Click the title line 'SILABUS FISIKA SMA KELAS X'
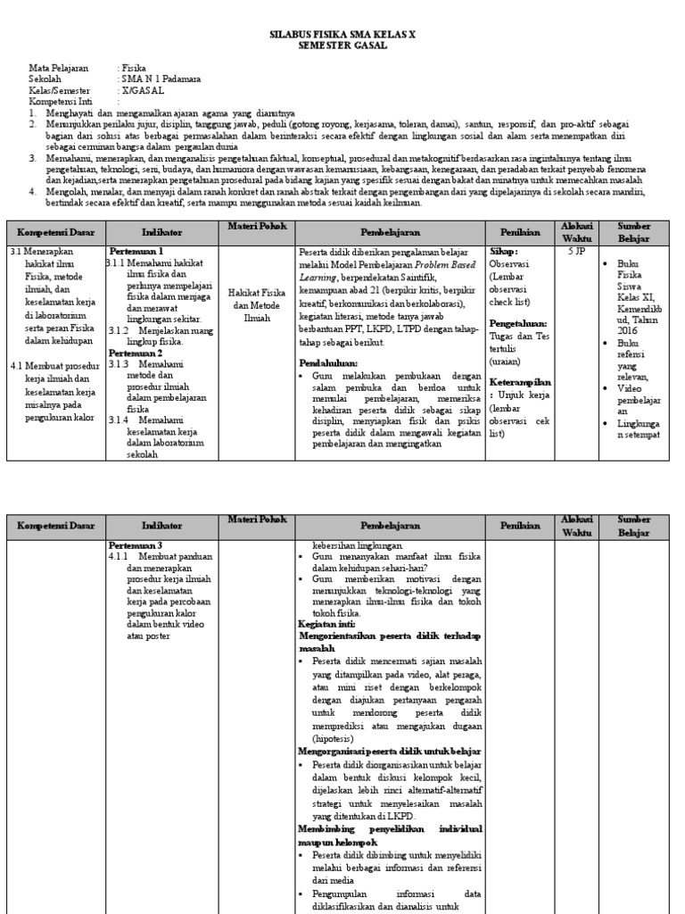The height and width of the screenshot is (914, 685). tap(342, 34)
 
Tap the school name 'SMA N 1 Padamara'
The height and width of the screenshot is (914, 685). tap(161, 79)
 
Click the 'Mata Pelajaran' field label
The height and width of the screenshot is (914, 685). tap(55, 67)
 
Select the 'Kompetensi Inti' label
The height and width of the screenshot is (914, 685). tap(55, 102)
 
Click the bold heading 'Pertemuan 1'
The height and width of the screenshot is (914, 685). tap(136, 253)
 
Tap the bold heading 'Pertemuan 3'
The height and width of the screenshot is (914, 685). tap(136, 545)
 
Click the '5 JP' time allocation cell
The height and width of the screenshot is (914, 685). tap(577, 253)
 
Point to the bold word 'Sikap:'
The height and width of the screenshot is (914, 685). tap(504, 253)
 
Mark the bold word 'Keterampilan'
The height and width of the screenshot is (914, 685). tap(521, 382)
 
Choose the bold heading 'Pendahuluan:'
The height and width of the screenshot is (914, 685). tap(329, 364)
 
